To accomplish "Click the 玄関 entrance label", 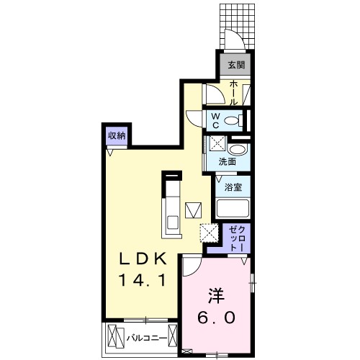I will (x=235, y=66).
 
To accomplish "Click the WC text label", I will (x=215, y=119).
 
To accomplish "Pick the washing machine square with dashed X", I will (x=215, y=144).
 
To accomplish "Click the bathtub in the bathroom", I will (x=233, y=209).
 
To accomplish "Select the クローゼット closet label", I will (x=236, y=238).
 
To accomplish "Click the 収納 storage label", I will (x=116, y=136).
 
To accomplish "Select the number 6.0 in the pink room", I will (x=215, y=318).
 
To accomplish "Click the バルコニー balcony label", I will (x=148, y=337).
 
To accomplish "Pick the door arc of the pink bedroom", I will (x=191, y=268).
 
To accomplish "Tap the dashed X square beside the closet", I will (x=210, y=233).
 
